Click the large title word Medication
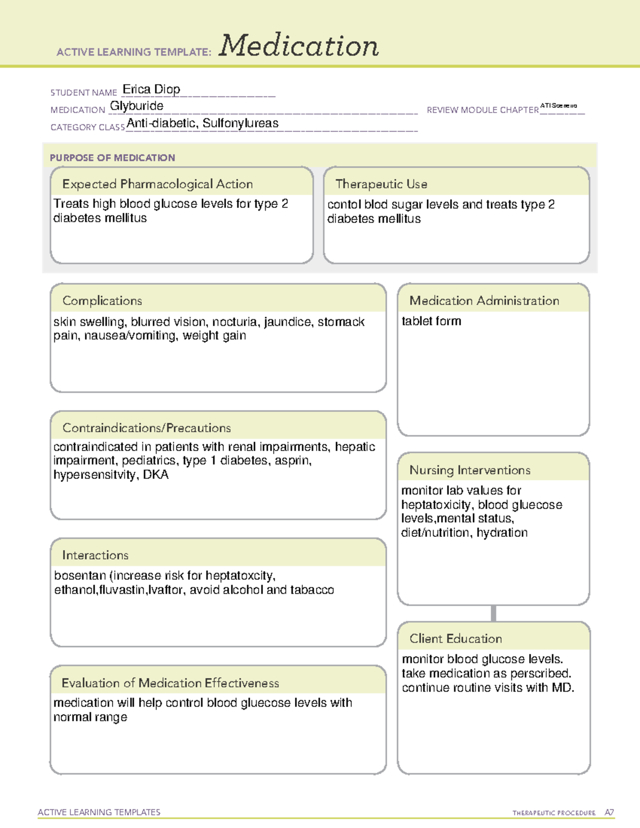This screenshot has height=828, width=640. (299, 46)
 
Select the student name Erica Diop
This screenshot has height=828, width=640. (151, 89)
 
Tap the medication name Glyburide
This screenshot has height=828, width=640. (137, 106)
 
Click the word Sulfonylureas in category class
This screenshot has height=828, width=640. (241, 123)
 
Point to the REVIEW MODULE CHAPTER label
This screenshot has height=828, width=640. (482, 110)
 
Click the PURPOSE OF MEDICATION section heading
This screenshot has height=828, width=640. (112, 158)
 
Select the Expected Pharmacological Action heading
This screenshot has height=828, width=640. (157, 184)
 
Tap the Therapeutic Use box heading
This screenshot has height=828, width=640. (381, 184)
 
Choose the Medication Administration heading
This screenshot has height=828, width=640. (484, 301)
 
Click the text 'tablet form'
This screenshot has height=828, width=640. (431, 321)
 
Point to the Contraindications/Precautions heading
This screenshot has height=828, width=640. (146, 428)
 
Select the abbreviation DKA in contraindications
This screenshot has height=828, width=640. (156, 475)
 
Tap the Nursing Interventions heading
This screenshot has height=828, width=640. (469, 470)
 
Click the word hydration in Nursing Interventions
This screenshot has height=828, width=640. (502, 533)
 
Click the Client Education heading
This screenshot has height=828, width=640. (455, 638)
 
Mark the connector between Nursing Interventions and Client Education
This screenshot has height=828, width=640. (493, 613)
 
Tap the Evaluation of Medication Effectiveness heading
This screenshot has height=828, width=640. (170, 683)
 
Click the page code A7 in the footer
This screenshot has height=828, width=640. (609, 813)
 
